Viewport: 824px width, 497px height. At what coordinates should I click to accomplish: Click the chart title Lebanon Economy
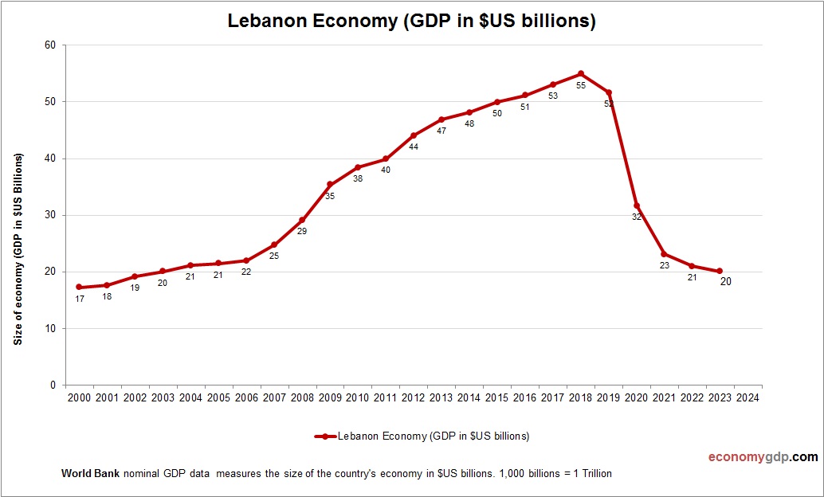(x=411, y=22)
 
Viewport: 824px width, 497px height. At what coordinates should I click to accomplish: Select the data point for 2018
(x=581, y=73)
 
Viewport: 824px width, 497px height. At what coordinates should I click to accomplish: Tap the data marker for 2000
(x=79, y=287)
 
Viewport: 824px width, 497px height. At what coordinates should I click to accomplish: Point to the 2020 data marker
(x=636, y=205)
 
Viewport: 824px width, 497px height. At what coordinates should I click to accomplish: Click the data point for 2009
(x=330, y=185)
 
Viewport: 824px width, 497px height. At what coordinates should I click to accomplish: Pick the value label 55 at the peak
(x=581, y=85)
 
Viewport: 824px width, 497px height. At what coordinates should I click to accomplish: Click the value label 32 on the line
(x=637, y=217)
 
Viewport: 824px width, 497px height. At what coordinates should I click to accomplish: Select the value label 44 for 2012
(x=414, y=147)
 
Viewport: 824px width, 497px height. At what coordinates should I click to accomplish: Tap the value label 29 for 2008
(x=302, y=231)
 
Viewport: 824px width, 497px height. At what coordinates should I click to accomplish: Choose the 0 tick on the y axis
(x=53, y=385)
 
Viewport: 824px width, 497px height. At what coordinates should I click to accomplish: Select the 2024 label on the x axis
(x=747, y=397)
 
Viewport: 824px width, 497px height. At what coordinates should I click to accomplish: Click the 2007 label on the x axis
(x=274, y=397)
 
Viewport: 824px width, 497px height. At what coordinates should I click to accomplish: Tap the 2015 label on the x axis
(x=497, y=397)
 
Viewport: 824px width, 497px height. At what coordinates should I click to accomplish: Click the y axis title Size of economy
(x=18, y=248)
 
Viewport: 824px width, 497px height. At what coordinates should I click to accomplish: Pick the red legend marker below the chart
(x=325, y=436)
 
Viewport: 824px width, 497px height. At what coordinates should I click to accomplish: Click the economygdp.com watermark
(x=763, y=457)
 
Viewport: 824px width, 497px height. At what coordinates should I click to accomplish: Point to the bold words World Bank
(x=90, y=473)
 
